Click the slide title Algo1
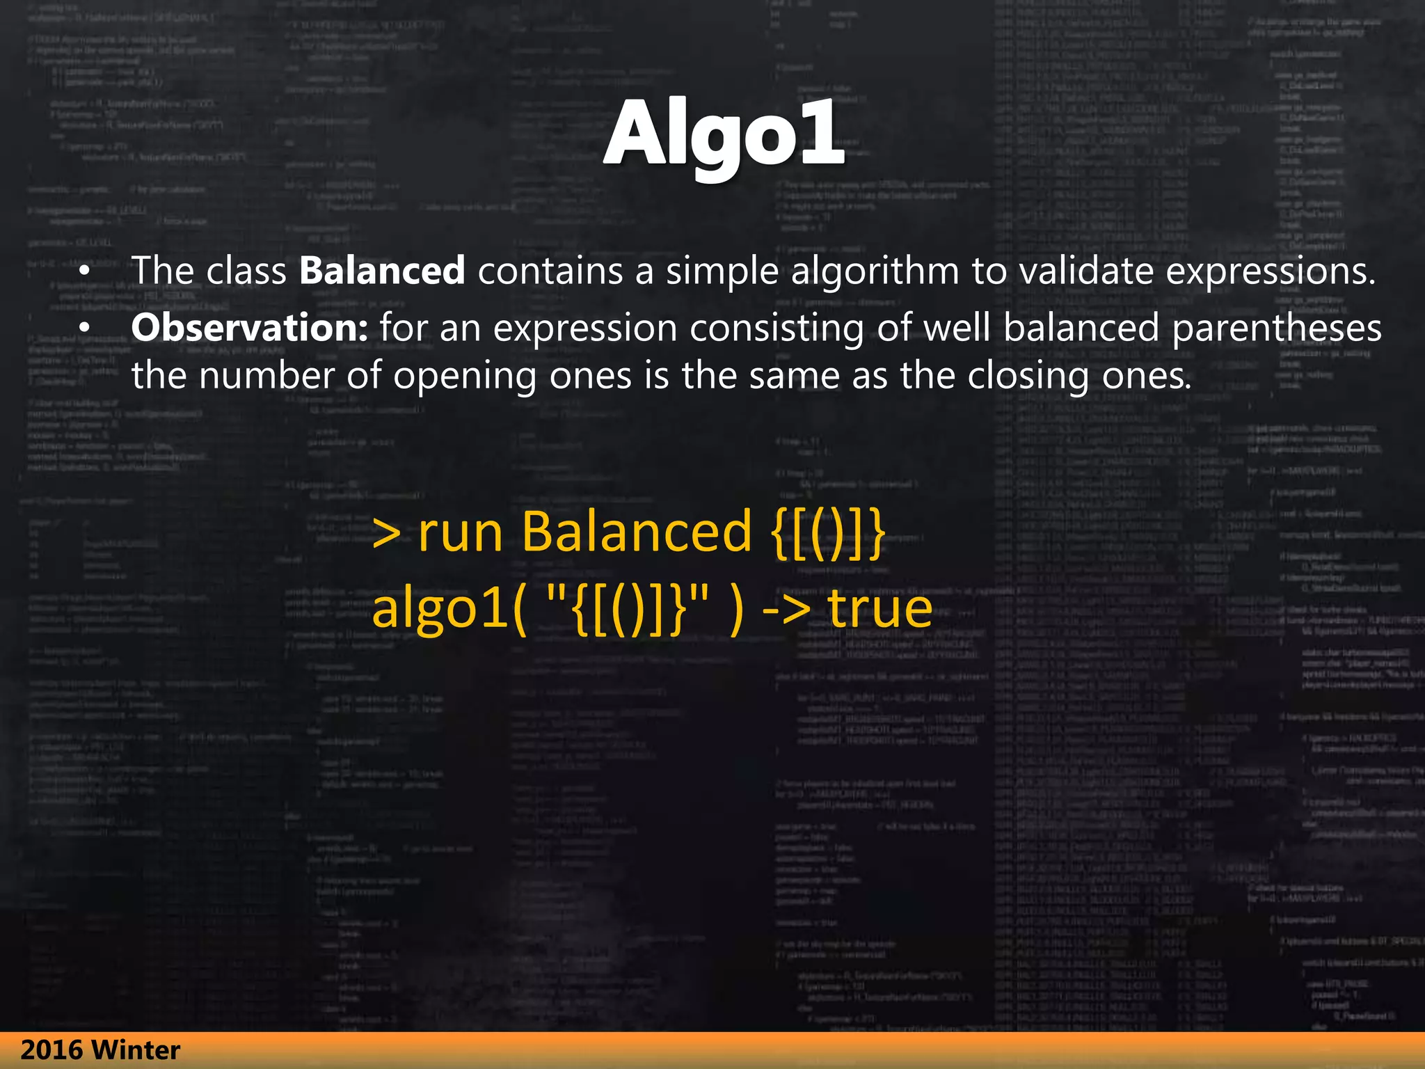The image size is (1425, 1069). (724, 134)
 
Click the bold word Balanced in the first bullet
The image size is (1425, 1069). (382, 271)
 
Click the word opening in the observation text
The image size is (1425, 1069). (465, 377)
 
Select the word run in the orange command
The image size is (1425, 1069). (460, 533)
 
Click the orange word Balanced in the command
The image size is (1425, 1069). (637, 532)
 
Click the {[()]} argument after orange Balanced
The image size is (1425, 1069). (828, 533)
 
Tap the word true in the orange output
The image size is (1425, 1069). (879, 608)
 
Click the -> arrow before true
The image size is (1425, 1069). (786, 610)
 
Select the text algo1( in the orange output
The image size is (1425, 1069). (449, 610)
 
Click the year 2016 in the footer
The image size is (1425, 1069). (52, 1050)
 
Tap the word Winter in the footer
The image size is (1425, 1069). (136, 1050)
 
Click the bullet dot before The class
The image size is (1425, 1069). (84, 272)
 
